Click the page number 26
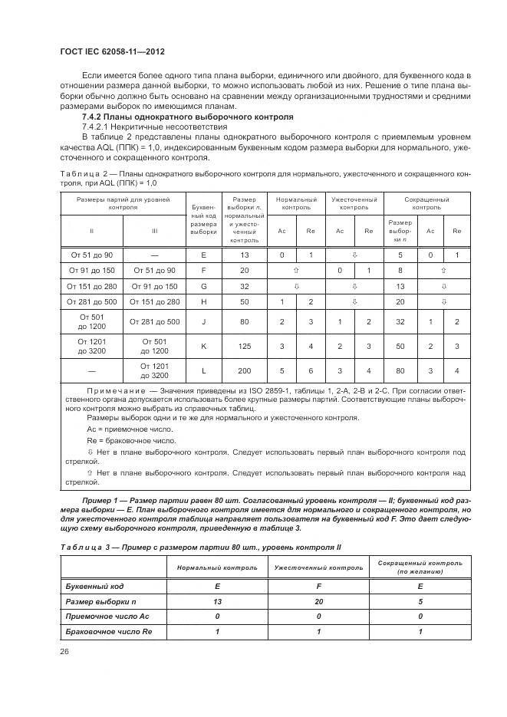pyautogui.click(x=64, y=651)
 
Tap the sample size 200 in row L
pyautogui.click(x=245, y=370)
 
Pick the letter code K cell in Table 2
pyautogui.click(x=203, y=346)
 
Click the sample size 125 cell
pyautogui.click(x=245, y=346)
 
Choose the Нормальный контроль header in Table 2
pyautogui.click(x=295, y=203)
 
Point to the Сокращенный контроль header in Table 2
pyautogui.click(x=426, y=203)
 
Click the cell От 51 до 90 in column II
pyautogui.click(x=91, y=255)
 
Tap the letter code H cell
pyautogui.click(x=203, y=302)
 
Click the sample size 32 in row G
pyautogui.click(x=245, y=286)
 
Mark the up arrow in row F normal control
pyautogui.click(x=295, y=271)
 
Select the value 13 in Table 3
pyautogui.click(x=217, y=601)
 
